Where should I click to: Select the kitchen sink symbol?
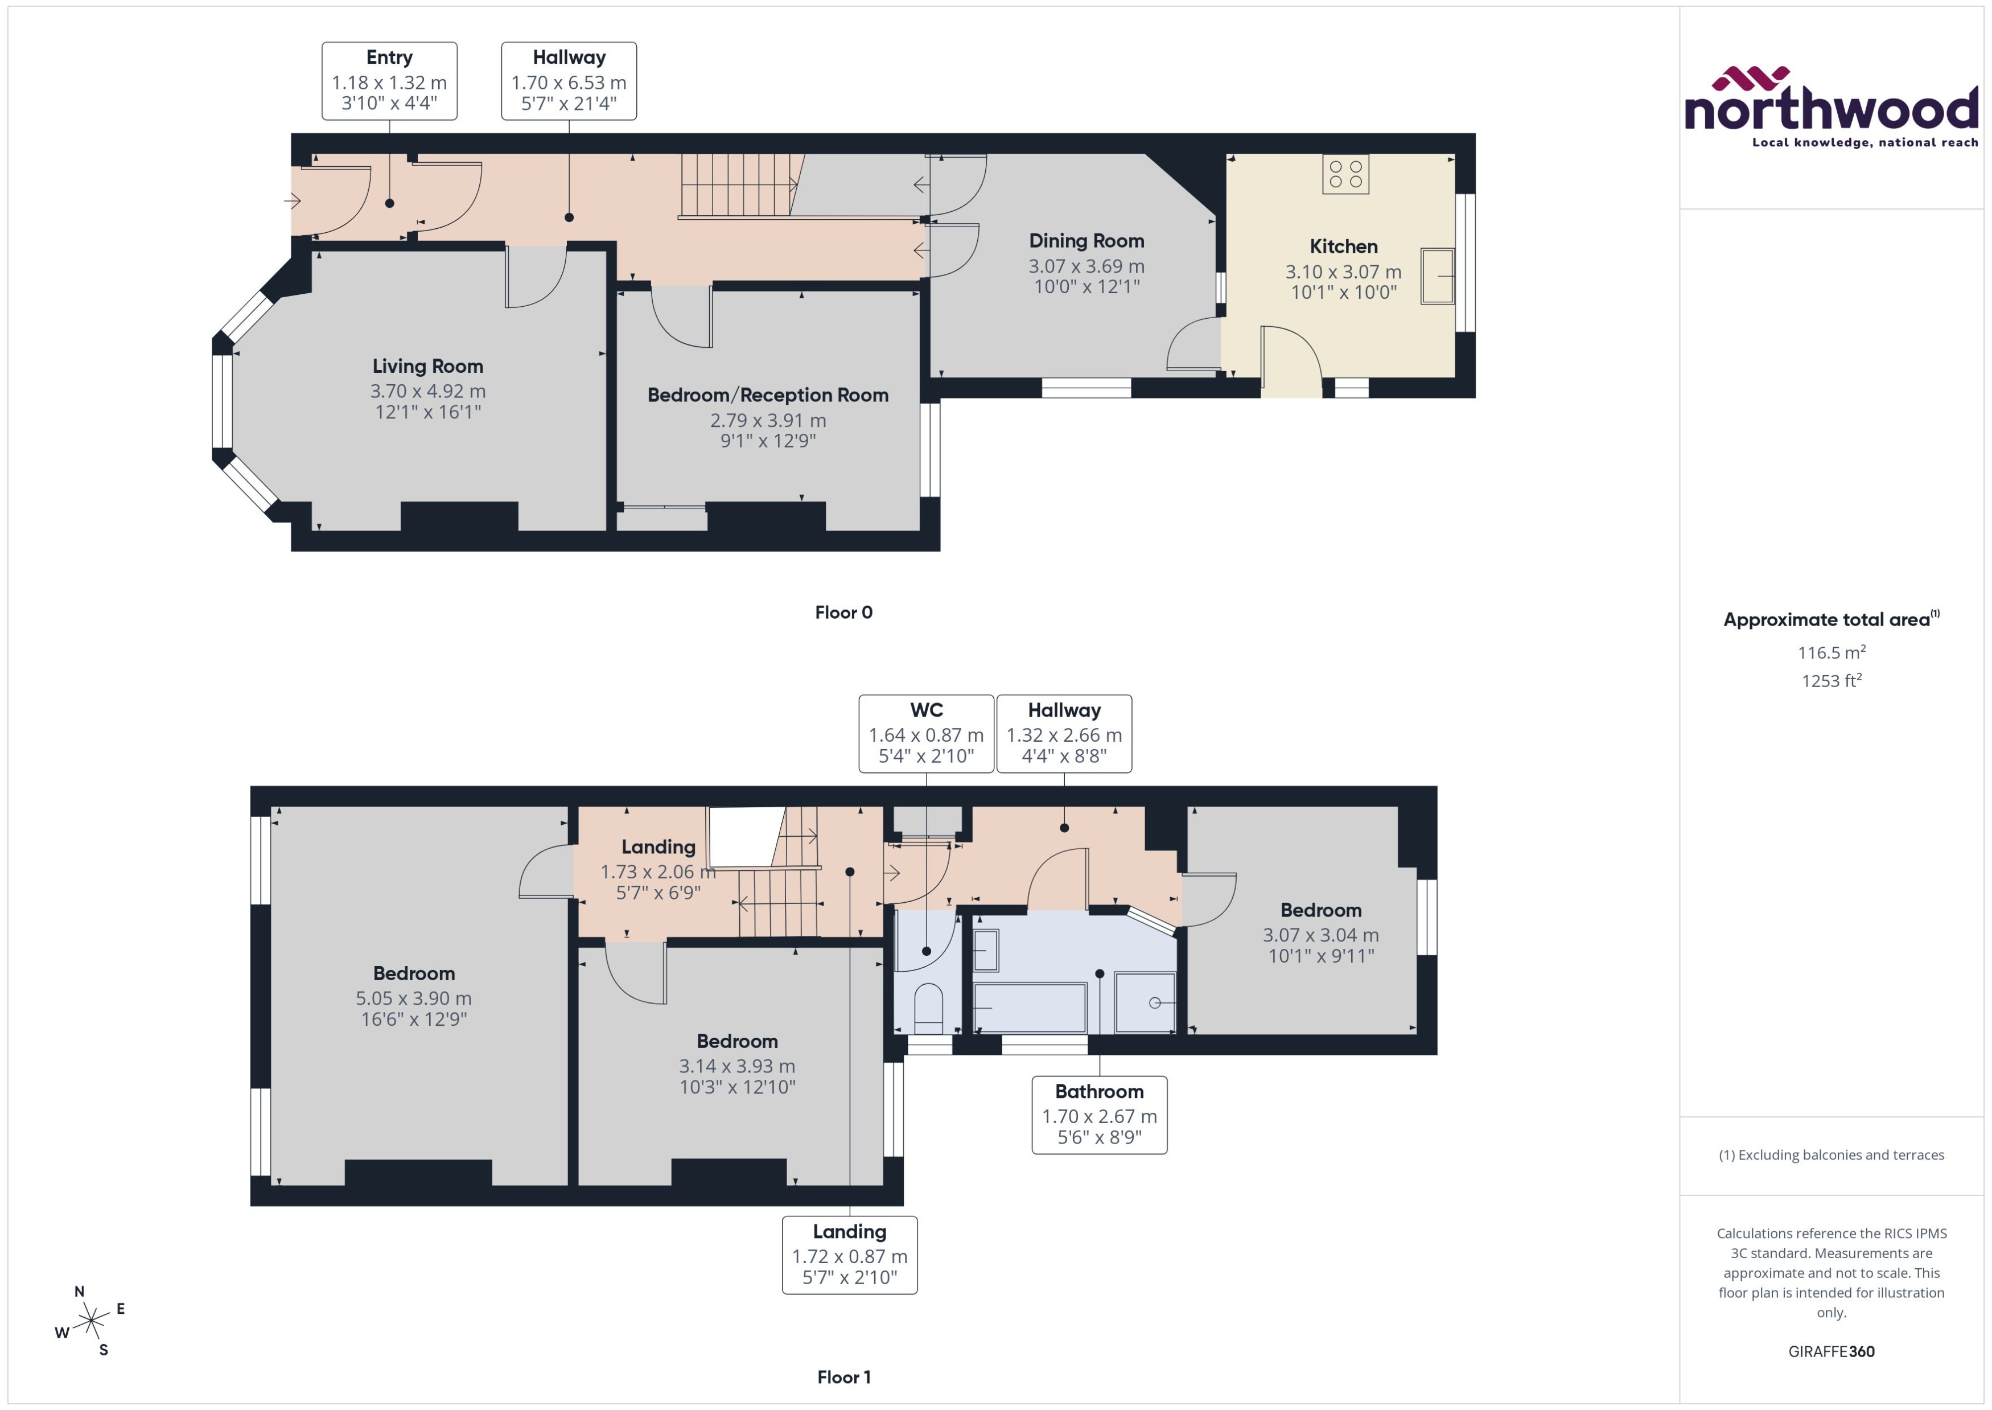pyautogui.click(x=1437, y=276)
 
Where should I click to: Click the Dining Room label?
pyautogui.click(x=1086, y=241)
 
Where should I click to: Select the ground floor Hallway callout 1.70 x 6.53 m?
pyautogui.click(x=569, y=81)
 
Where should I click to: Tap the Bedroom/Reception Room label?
pyautogui.click(x=767, y=395)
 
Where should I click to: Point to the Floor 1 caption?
pyautogui.click(x=843, y=1377)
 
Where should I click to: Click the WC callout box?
pyautogui.click(x=925, y=734)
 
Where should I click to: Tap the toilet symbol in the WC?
pyautogui.click(x=928, y=1007)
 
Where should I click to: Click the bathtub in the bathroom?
pyautogui.click(x=1030, y=1007)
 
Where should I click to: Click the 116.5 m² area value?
pyautogui.click(x=1830, y=652)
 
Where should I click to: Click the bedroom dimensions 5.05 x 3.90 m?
pyautogui.click(x=413, y=998)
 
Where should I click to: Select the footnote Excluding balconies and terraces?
pyautogui.click(x=1830, y=1155)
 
